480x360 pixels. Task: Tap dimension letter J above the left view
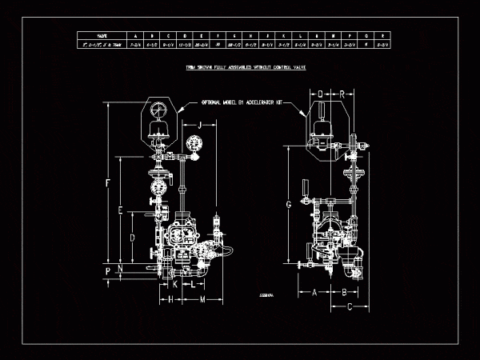click(200, 124)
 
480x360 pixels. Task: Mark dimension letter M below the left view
click(202, 299)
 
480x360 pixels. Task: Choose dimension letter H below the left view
click(170, 299)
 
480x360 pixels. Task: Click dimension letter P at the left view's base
click(108, 272)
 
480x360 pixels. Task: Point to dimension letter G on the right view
click(288, 205)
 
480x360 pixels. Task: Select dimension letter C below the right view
click(350, 307)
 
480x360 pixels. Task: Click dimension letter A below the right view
click(314, 292)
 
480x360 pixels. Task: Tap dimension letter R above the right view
click(342, 94)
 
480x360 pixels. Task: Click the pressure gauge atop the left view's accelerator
click(158, 109)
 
